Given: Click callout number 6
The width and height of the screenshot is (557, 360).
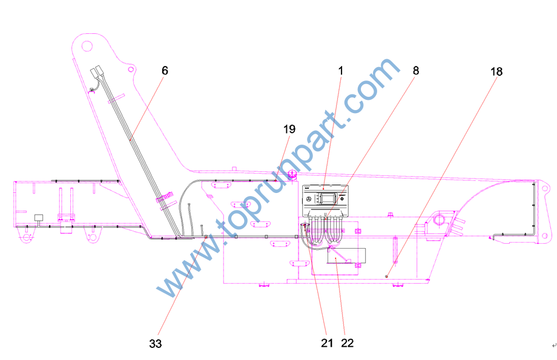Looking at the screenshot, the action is coord(165,71).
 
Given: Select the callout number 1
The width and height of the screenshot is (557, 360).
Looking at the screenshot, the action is coord(341,71).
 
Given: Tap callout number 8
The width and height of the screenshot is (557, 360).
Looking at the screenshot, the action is coord(416,71).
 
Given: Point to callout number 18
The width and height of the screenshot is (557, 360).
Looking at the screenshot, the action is coord(496,72).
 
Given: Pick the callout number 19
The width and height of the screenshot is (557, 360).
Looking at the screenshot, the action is coord(289,129).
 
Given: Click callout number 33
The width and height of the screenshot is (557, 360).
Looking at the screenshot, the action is coord(156,343).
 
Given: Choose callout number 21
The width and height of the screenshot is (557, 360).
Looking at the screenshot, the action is coord(327,343).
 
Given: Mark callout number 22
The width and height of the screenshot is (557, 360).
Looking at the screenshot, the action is coord(348,343).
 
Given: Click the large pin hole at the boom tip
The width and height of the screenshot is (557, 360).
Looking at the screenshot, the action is coord(87,46).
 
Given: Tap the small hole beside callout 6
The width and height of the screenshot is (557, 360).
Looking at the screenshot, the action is coord(131,69).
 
